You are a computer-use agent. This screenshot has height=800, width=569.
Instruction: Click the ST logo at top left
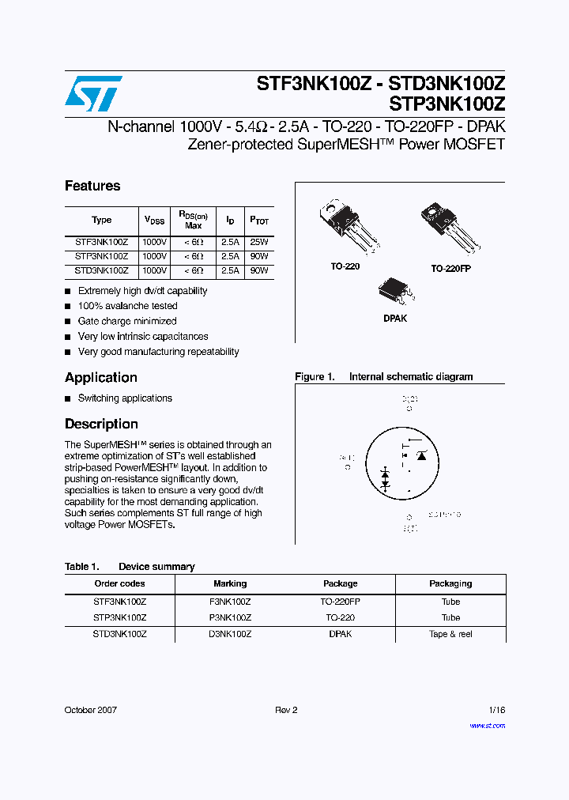93,93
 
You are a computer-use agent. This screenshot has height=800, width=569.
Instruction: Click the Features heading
92,186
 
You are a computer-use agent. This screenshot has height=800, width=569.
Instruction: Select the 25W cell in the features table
259,242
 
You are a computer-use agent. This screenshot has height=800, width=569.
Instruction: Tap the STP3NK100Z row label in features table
101,256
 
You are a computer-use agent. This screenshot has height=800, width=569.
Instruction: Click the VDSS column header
154,220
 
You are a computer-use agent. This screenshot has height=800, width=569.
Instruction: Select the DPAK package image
395,292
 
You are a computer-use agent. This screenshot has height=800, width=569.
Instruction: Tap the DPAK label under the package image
395,319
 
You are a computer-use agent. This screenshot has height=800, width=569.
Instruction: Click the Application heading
101,378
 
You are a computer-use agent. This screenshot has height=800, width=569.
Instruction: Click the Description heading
101,424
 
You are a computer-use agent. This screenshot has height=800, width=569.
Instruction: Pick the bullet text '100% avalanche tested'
127,306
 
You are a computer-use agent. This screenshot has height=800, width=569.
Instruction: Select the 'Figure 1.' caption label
315,377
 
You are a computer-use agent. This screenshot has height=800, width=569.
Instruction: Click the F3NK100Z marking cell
230,601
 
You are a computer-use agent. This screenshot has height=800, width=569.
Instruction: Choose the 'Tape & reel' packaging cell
450,634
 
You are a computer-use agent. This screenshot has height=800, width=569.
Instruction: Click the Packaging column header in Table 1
450,583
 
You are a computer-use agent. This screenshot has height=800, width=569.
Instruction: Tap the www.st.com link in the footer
487,725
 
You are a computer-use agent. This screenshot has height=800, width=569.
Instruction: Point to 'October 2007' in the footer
90,710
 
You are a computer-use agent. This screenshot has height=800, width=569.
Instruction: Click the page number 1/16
496,710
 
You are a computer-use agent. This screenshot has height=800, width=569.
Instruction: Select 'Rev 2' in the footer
286,710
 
